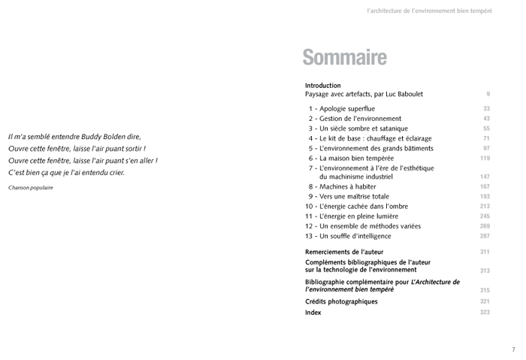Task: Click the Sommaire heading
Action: (x=344, y=57)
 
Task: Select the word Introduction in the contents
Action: (x=323, y=86)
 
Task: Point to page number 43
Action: (x=486, y=119)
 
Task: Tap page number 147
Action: (x=485, y=177)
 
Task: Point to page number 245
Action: (x=485, y=216)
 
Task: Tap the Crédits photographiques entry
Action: (x=341, y=301)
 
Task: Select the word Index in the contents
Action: (x=313, y=312)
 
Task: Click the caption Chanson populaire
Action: (x=31, y=188)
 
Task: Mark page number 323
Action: (x=485, y=312)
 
